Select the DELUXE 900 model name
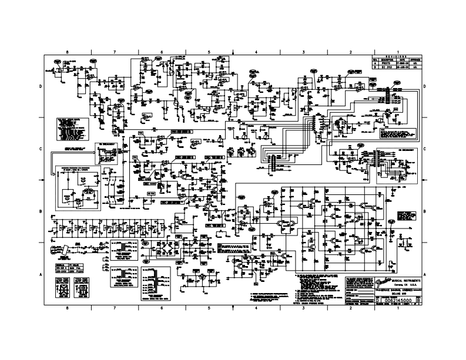pyautogui.click(x=400, y=294)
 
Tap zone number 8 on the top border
pyautogui.click(x=68, y=52)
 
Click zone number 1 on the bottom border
pyautogui.click(x=398, y=308)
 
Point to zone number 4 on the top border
pyautogui.click(x=257, y=52)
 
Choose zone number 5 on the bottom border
pyautogui.click(x=209, y=308)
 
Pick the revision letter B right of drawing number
pyautogui.click(x=417, y=301)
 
